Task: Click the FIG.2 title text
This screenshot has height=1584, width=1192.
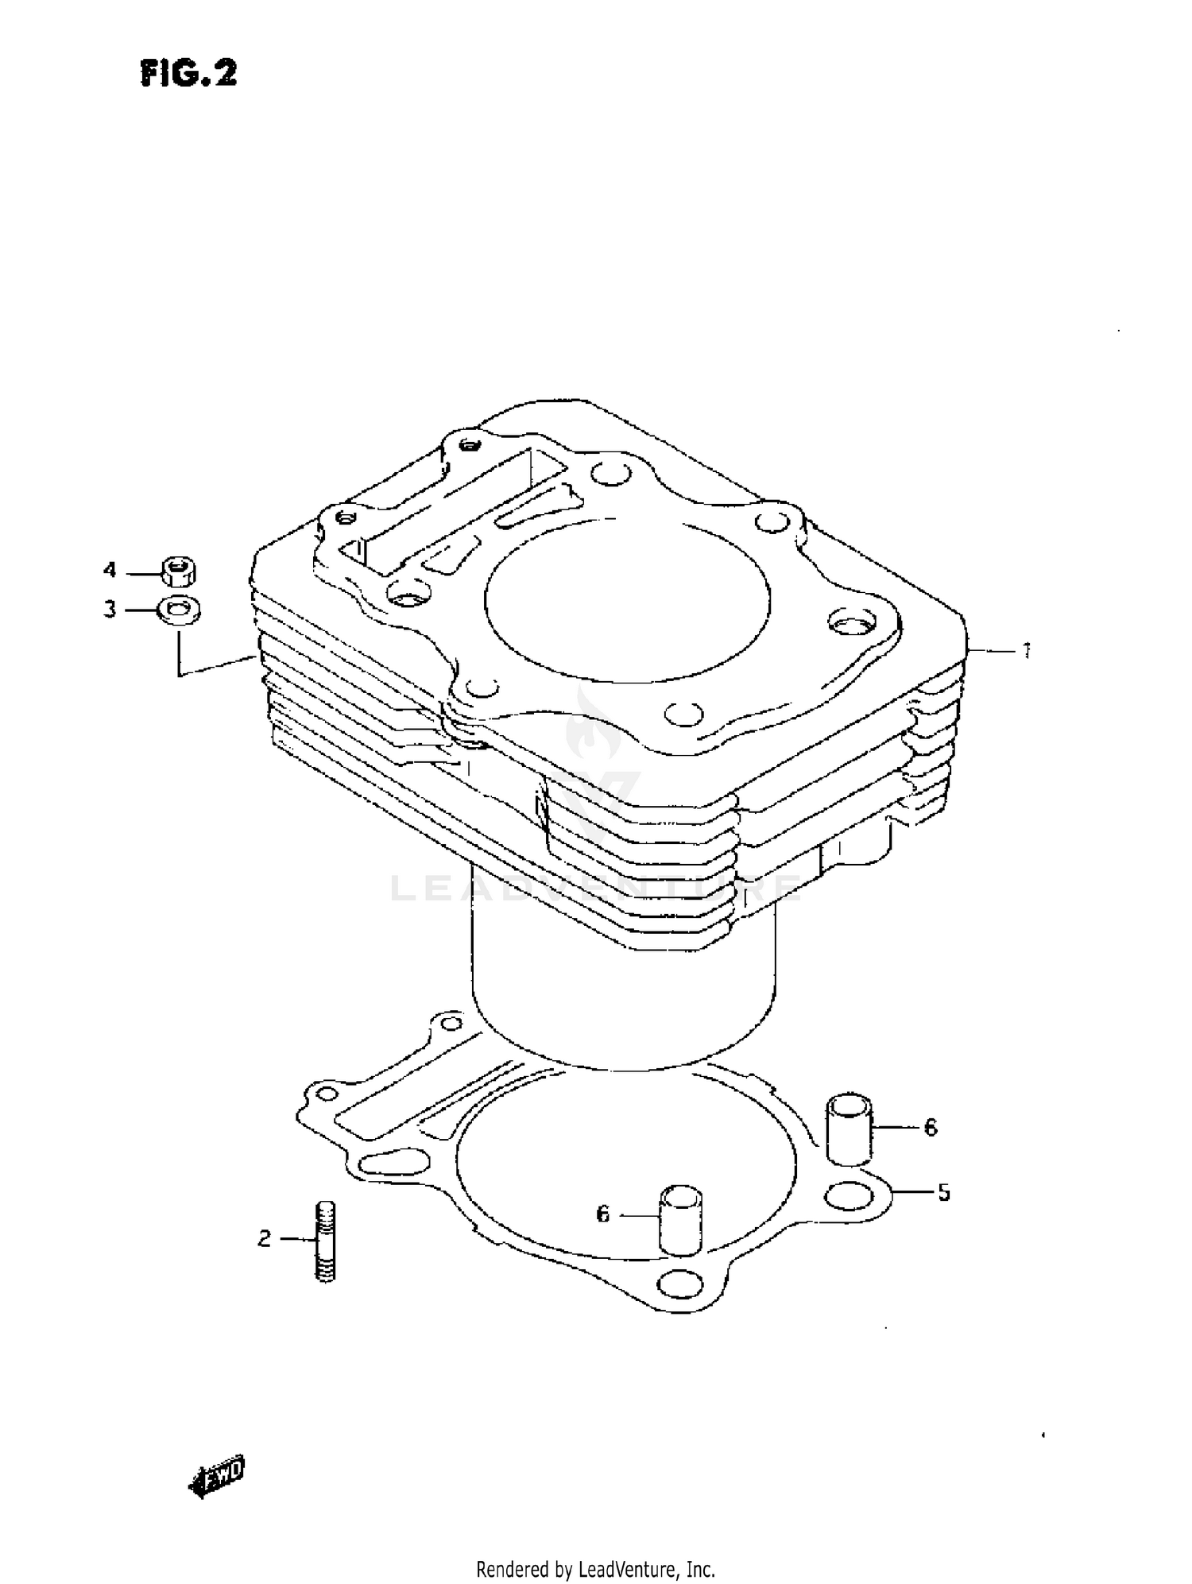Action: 189,74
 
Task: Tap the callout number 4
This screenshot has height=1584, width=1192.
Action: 110,570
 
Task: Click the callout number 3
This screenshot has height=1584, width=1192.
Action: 110,610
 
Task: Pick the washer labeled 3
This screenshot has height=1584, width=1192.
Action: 179,610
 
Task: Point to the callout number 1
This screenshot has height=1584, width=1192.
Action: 1026,651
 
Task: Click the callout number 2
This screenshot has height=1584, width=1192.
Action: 265,1238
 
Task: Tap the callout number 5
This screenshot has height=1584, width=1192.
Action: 943,1192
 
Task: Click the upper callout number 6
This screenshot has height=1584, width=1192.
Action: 931,1127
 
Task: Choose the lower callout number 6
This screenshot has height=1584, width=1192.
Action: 602,1214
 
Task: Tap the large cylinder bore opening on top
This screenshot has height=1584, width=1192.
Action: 627,600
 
